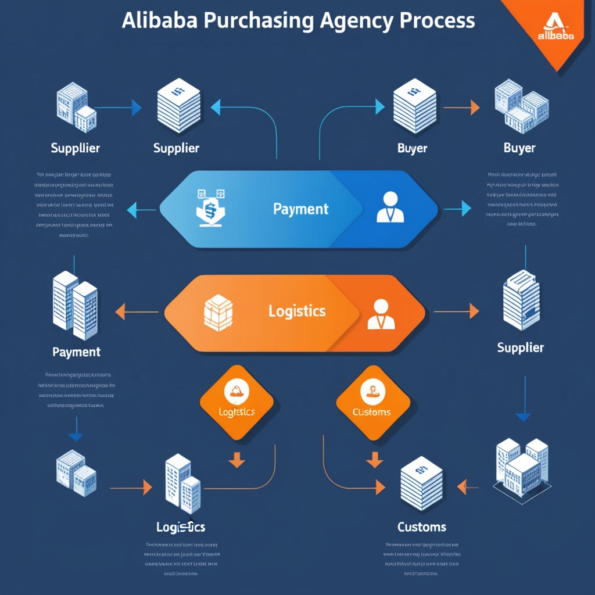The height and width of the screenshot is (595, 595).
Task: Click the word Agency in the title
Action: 356,20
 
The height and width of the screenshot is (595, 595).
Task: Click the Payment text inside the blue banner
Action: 301,209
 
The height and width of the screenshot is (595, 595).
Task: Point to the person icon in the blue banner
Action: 390,207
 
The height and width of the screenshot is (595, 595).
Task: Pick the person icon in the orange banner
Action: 381,314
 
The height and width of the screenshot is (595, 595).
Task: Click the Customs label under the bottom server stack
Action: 422,527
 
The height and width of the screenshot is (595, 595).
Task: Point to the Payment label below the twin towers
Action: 76,352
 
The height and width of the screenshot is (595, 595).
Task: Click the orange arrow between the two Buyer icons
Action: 462,107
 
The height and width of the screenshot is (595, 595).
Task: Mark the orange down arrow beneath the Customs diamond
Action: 374,461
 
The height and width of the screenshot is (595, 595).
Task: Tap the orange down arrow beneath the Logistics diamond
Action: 236,461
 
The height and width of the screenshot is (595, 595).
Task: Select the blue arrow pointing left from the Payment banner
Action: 141,209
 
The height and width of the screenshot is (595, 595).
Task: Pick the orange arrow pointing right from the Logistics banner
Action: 457,311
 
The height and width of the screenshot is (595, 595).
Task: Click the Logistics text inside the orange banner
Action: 297,311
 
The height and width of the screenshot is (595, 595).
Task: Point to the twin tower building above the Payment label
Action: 76,305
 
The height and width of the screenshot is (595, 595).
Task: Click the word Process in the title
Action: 438,20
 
